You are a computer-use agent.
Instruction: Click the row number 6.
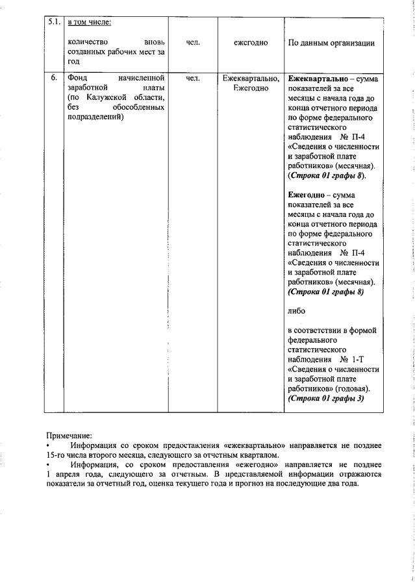(x=55, y=78)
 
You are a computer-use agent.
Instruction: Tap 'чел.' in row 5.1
(x=193, y=43)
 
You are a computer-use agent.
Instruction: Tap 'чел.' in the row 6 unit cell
(x=193, y=78)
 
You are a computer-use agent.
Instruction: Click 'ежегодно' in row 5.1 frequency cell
(x=251, y=43)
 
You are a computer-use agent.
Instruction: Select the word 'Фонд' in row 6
(x=78, y=78)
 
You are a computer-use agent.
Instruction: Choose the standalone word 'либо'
(x=296, y=311)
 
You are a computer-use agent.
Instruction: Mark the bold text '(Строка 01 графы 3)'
(x=325, y=398)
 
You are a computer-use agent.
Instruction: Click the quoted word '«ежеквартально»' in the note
(x=253, y=445)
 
